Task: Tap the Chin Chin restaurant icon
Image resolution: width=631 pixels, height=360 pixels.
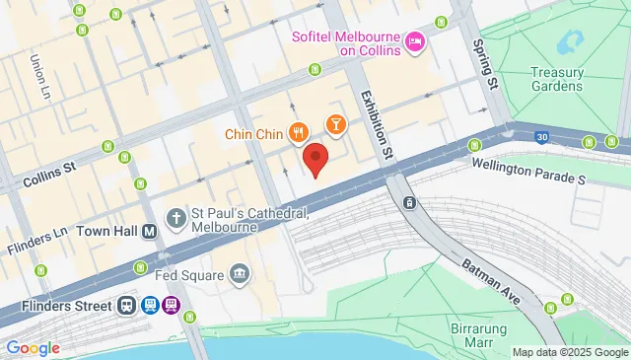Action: (297, 130)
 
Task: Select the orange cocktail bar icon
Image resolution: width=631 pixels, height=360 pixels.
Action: (336, 123)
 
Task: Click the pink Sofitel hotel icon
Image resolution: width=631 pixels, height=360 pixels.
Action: (415, 40)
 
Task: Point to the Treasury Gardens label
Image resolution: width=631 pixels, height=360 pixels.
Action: (557, 79)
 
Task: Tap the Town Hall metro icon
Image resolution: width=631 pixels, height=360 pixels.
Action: (150, 232)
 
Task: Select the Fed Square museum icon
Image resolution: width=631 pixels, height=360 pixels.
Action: (239, 272)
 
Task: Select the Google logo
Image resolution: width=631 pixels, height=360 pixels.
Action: (32, 347)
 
